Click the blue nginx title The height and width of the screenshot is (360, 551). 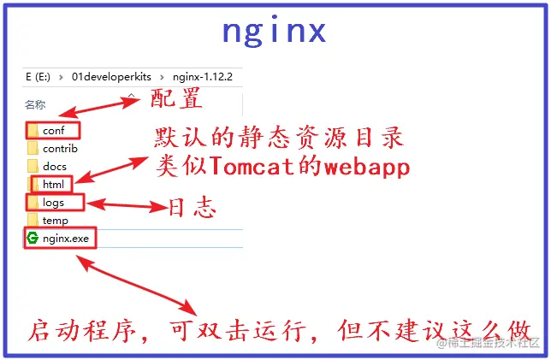pos(274,32)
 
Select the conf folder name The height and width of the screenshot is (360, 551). pos(54,131)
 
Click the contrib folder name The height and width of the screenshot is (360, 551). pos(59,149)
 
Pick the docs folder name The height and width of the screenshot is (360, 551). pos(55,166)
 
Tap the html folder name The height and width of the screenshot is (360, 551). pos(53,185)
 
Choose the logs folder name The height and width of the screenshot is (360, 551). pos(54,203)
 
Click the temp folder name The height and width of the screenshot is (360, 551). pos(56,221)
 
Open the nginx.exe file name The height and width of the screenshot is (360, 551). pos(66,239)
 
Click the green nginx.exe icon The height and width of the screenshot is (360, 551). pos(33,238)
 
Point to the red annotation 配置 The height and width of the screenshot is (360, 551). pos(175,99)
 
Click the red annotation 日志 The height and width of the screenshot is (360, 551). pos(191,208)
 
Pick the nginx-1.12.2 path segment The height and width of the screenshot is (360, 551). pos(204,76)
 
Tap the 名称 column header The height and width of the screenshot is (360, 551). pos(35,105)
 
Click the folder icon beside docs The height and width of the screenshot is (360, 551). pos(33,166)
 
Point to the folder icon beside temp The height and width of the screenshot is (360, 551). pos(33,221)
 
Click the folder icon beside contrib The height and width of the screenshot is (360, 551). pos(33,149)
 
